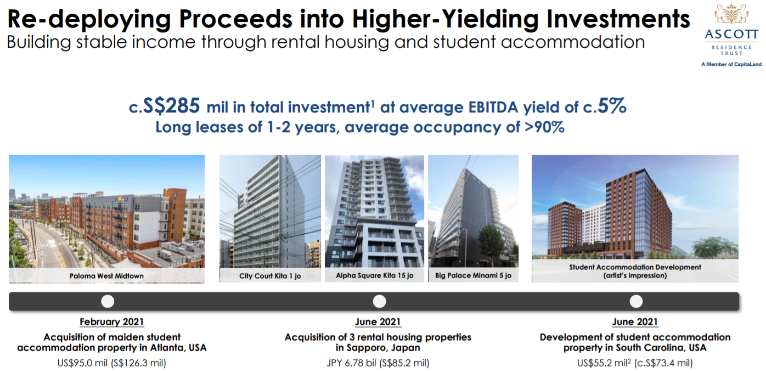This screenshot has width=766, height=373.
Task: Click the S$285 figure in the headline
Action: coord(171,106)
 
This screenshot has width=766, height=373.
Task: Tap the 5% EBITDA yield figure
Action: coord(612,106)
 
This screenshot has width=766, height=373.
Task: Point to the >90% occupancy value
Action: coord(544,127)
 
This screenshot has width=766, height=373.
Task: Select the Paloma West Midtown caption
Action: coord(106,276)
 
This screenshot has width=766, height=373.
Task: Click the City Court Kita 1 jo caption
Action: coord(270,276)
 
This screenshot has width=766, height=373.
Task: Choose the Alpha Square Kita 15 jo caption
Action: coord(374,275)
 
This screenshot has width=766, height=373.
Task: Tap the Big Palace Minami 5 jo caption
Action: coord(474,275)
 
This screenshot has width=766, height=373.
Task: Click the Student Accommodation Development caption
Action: coord(635,271)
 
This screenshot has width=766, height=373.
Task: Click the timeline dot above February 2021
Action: coord(108,302)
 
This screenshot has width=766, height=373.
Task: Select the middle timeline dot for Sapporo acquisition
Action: coord(379,302)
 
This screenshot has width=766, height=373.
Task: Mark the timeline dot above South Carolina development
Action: coord(636,302)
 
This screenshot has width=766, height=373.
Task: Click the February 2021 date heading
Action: coord(111,322)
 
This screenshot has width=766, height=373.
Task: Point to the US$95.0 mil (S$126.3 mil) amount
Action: coord(111,363)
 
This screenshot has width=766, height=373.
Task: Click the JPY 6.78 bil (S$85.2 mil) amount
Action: coord(378,363)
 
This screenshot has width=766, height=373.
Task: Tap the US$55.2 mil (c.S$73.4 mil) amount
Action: coord(635,363)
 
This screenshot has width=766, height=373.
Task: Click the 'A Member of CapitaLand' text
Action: coord(731,64)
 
